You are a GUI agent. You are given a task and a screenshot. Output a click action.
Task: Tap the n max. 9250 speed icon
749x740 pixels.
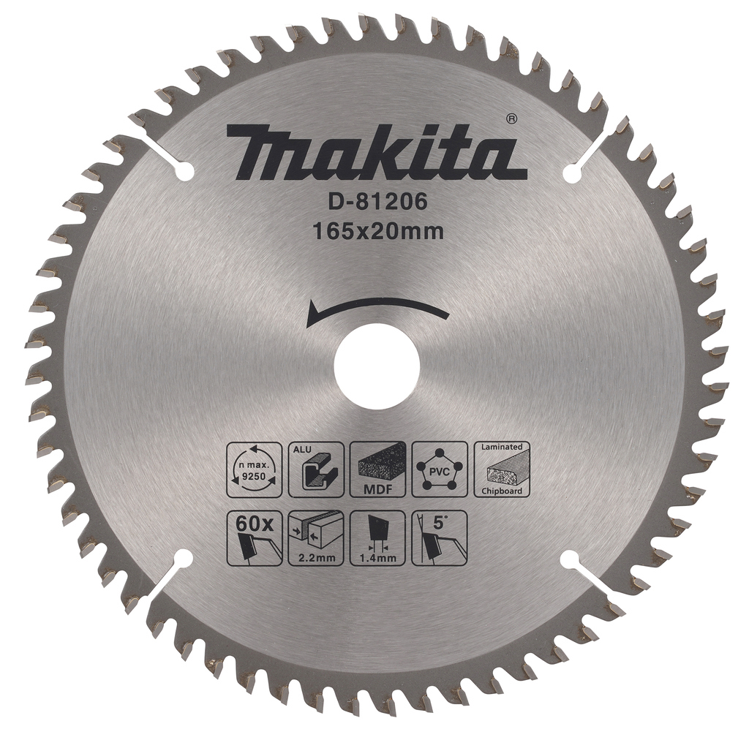coord(253,469)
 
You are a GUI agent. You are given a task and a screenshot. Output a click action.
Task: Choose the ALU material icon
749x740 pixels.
coord(316,469)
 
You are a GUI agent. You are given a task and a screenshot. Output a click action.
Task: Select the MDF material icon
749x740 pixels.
coord(377,469)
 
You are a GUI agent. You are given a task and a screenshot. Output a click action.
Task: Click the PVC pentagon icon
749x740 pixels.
coord(439,469)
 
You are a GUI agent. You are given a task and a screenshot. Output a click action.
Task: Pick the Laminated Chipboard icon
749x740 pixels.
coord(502,469)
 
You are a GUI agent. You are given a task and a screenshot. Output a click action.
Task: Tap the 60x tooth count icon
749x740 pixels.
coord(253,537)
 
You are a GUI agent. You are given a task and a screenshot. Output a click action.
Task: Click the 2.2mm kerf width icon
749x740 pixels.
coord(316,537)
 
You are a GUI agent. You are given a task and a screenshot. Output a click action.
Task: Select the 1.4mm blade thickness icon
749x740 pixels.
coord(377,537)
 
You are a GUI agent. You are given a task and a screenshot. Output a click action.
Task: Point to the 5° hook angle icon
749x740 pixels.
coord(439,537)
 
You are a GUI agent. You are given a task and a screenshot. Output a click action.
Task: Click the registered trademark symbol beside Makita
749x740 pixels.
coord(512,118)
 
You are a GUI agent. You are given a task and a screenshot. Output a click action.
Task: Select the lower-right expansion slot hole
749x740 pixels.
coord(571,559)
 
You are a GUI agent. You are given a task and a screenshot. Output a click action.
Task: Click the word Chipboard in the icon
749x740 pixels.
coord(502,491)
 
